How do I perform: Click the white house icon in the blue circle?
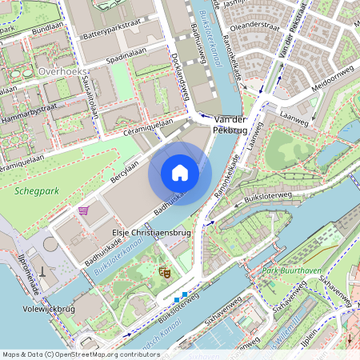(x=180, y=172)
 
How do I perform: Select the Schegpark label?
(x=31, y=191)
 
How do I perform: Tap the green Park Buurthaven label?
(x=292, y=271)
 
